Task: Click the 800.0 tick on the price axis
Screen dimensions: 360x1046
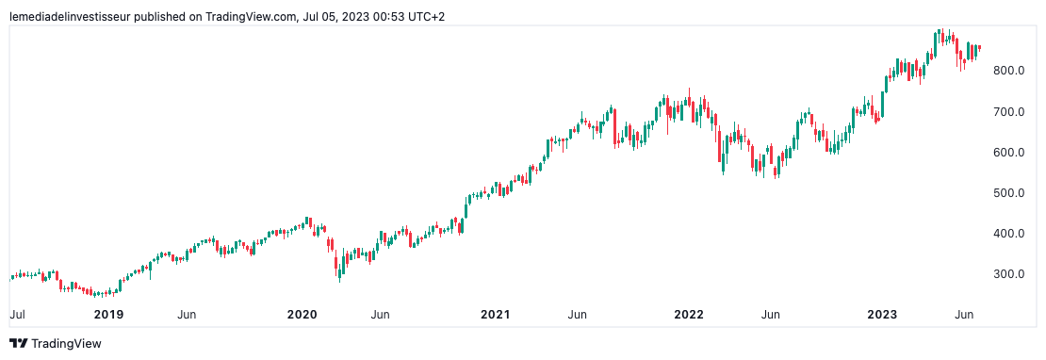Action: pos(1007,71)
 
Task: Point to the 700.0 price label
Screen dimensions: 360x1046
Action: pos(1007,111)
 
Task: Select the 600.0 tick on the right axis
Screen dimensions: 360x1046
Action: pos(1007,152)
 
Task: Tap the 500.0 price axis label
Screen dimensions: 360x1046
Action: pos(1007,192)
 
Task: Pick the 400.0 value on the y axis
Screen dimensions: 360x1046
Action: pos(1007,233)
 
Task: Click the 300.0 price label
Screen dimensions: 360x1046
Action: pos(1007,273)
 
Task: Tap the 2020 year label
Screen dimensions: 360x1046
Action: pos(302,314)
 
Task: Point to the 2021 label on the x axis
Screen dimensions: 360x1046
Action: pos(496,314)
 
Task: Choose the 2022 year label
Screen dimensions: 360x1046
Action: pos(689,314)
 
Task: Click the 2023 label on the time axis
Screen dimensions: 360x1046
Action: pos(882,314)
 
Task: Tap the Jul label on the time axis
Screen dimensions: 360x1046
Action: pos(16,314)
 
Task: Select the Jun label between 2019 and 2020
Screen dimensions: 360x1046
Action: pos(187,314)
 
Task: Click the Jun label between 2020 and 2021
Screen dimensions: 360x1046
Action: pos(381,314)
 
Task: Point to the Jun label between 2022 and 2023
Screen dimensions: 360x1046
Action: pos(770,314)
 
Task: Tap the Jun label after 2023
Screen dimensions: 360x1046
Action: pos(964,314)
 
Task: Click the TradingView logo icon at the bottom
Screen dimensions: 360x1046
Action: pos(18,344)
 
